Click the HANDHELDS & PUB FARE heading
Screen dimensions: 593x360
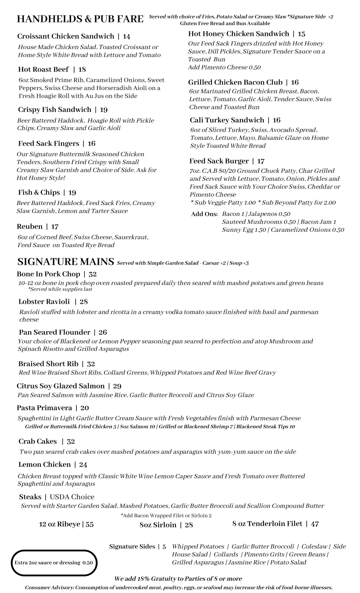coord(80,19)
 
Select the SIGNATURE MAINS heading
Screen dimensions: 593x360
coord(65,262)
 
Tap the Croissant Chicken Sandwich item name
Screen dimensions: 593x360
coord(66,36)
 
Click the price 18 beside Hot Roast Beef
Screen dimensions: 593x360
coord(82,69)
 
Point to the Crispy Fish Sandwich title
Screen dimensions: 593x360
coord(54,110)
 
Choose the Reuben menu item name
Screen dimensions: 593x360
coord(29,227)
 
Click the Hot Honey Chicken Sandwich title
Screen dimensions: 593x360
coord(238,34)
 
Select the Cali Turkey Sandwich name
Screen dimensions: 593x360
coord(227,120)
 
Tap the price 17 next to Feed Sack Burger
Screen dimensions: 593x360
coord(261,161)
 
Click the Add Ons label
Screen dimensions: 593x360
coord(204,214)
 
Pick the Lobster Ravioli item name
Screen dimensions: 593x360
coord(44,302)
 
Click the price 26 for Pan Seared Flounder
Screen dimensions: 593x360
coord(103,332)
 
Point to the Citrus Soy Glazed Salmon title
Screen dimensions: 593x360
coord(61,386)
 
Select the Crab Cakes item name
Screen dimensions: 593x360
coord(37,441)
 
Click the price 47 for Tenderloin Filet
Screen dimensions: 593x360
coord(315,524)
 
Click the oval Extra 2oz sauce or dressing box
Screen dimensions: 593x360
coord(54,563)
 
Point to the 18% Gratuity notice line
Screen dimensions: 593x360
coord(178,578)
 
